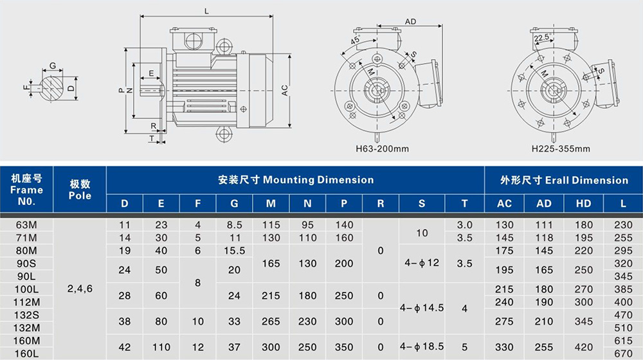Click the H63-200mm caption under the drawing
(382, 148)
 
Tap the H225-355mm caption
(561, 148)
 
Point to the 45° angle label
(355, 40)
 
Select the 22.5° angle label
(541, 38)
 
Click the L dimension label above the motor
(206, 12)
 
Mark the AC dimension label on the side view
(285, 90)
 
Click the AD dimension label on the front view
(410, 21)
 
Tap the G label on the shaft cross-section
(53, 66)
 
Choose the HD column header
(584, 204)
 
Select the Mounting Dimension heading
(296, 179)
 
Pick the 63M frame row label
(26, 225)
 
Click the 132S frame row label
(26, 315)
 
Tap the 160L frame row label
(26, 353)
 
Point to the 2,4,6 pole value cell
(80, 289)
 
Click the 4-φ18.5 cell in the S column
(422, 346)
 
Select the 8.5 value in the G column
(234, 225)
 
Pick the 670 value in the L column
(623, 353)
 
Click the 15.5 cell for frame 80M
(234, 251)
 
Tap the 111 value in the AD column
(544, 225)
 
